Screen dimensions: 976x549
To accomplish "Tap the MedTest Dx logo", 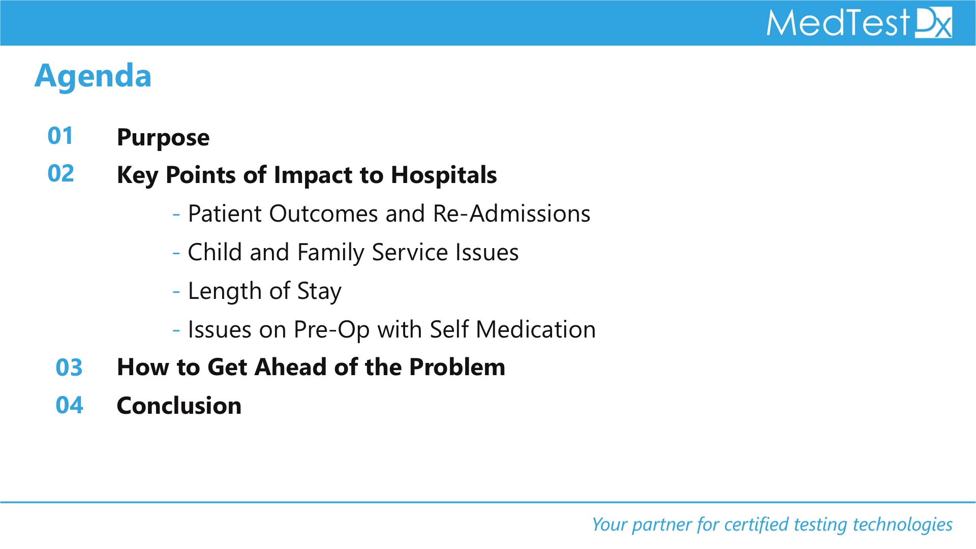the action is [859, 23].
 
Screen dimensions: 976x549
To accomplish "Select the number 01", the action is [60, 136].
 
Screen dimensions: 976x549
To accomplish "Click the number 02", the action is [61, 173].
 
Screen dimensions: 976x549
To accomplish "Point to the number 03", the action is [69, 367].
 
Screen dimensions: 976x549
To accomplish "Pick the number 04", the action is [70, 405].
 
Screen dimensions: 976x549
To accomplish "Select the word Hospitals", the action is [444, 175].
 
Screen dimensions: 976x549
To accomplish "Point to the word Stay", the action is [319, 292].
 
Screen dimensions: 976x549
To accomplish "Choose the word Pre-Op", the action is [332, 330].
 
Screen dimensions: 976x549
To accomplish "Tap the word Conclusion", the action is [179, 406].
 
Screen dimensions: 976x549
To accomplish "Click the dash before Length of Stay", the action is [176, 292].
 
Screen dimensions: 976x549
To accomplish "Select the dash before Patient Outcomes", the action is [176, 215].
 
